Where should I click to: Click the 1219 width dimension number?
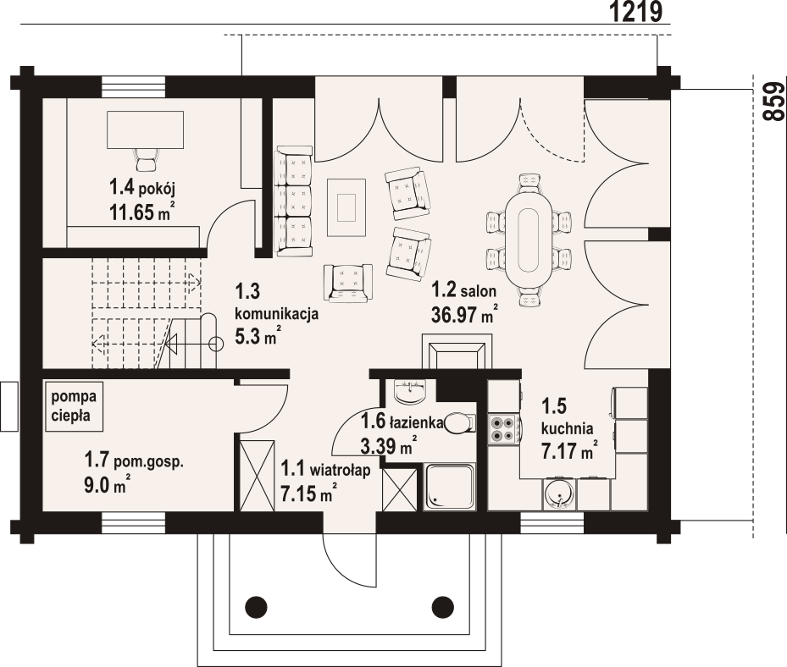tap(636, 12)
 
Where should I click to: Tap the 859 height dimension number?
tap(773, 102)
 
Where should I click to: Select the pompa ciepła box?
tap(74, 406)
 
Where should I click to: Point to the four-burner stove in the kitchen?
tap(503, 429)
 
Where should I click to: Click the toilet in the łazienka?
tap(459, 422)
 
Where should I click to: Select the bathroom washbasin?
tap(411, 390)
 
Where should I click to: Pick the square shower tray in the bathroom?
tap(449, 487)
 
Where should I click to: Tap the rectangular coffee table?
tap(346, 207)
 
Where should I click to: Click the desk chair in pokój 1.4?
tap(146, 160)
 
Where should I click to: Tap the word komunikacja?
tap(276, 314)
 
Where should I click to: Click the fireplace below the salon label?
tap(457, 351)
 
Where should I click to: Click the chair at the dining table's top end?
tap(530, 183)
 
